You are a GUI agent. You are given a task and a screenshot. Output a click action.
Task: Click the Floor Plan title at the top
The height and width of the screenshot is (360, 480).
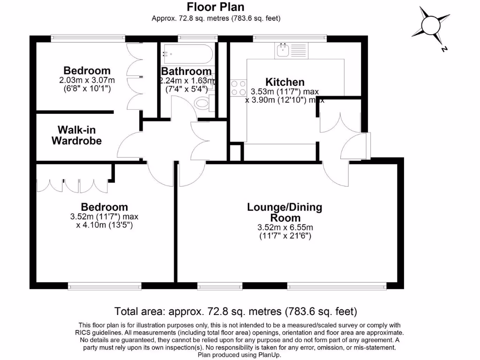point(216,7)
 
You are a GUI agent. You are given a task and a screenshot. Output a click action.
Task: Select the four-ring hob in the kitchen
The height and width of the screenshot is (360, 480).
point(238,88)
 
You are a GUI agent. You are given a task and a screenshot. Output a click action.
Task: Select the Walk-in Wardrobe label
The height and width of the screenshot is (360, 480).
point(76,135)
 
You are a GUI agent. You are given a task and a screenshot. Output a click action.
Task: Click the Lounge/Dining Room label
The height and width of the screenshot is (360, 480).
point(285,212)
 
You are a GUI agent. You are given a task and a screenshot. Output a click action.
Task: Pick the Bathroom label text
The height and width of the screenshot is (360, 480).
point(186,72)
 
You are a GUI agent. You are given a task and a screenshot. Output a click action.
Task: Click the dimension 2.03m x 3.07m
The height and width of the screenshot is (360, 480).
point(87,80)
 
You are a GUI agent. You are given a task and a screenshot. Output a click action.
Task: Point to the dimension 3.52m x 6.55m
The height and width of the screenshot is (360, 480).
point(285,228)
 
